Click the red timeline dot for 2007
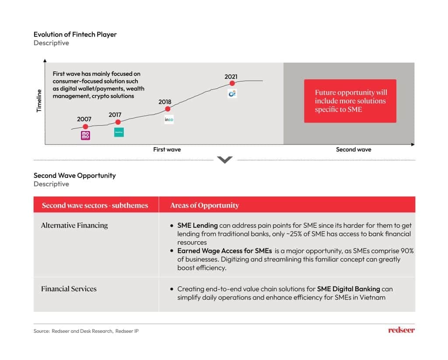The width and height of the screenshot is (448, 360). pos(85,127)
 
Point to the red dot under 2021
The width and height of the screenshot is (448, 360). pos(232,83)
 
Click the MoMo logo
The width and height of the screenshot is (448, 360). pos(85,135)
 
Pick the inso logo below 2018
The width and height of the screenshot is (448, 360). pos(169,119)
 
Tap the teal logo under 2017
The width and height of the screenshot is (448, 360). pos(119,132)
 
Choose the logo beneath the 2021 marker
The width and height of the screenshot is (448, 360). pos(232,93)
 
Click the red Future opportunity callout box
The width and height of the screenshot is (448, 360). pos(350,101)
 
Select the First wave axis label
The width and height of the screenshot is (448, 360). pos(167,149)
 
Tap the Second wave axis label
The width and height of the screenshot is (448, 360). pos(353,149)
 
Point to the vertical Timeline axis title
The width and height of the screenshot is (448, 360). pos(38,100)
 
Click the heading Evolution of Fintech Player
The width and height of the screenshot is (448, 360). pos(75,34)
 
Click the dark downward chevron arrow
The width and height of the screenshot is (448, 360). pos(224,160)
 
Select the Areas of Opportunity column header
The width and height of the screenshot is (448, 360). pos(205,205)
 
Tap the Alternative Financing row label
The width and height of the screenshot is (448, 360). pos(74,226)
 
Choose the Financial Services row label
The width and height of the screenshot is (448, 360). pos(69,289)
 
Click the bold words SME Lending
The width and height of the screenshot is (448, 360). pos(197,226)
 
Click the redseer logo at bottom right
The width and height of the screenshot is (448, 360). pos(401,330)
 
